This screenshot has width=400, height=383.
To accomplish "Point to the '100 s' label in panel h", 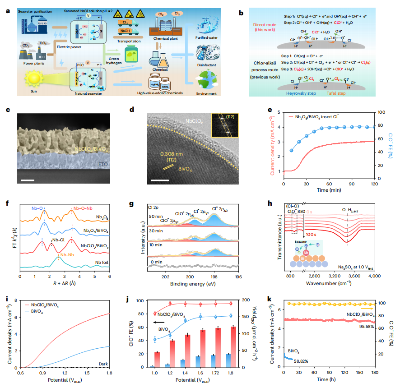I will point(310,235).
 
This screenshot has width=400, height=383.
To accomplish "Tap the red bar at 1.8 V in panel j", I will point(233,346).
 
